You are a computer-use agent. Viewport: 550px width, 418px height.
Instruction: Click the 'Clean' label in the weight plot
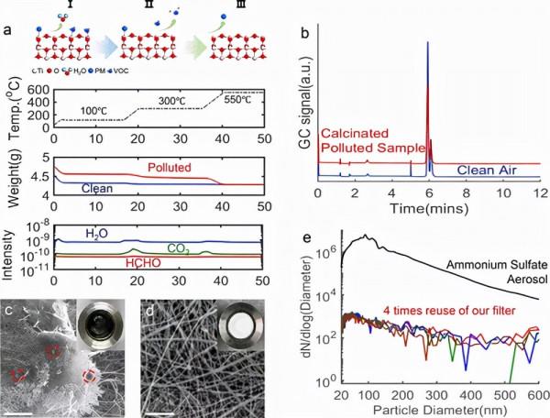pyautogui.click(x=97, y=189)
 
